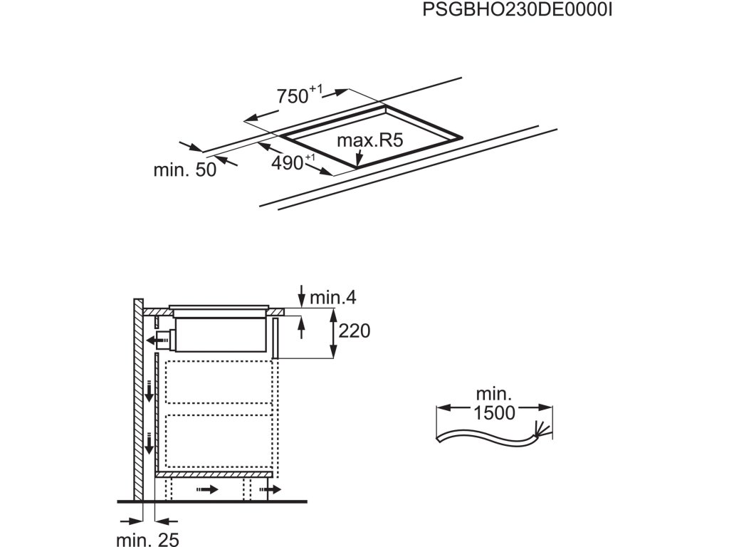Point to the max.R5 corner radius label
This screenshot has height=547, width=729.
(369, 140)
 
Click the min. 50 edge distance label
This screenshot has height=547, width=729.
(184, 171)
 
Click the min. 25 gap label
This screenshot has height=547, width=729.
(149, 540)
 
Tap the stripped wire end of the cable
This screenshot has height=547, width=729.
(542, 428)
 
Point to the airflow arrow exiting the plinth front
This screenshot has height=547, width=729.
(273, 489)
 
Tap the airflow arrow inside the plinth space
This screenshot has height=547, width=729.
(209, 489)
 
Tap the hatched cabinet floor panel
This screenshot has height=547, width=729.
(214, 474)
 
